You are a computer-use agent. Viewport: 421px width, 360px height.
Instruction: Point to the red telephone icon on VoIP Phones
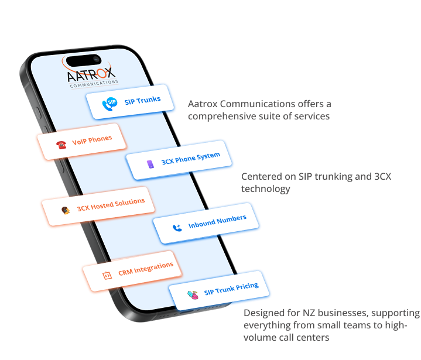point(61,145)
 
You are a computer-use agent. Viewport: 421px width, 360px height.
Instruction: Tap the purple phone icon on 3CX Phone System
point(150,164)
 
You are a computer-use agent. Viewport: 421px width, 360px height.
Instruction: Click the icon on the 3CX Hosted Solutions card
point(66,209)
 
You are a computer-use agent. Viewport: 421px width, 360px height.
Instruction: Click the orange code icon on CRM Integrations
point(107,275)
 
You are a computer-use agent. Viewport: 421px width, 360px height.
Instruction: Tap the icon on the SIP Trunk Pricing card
point(192,295)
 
